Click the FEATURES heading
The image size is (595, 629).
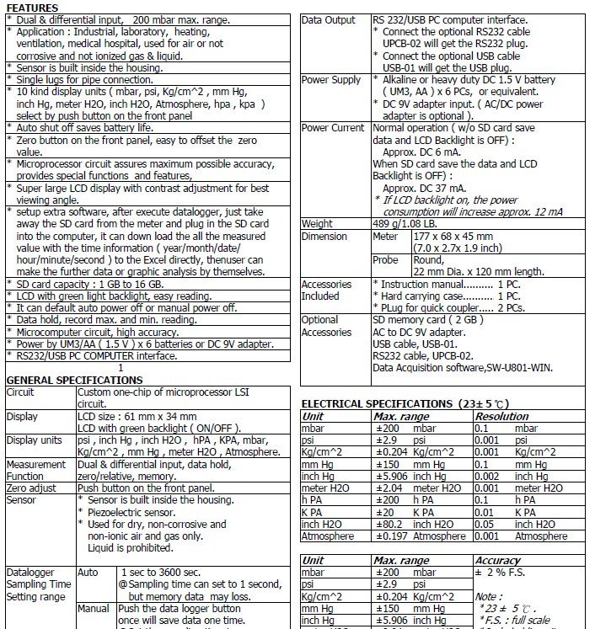pyautogui.click(x=31, y=8)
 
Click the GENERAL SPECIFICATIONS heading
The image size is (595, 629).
pyautogui.click(x=62, y=380)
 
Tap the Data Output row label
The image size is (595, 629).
pyautogui.click(x=329, y=20)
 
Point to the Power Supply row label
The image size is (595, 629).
pyautogui.click(x=331, y=80)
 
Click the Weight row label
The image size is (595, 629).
pyautogui.click(x=317, y=224)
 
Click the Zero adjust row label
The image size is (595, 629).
pyautogui.click(x=31, y=488)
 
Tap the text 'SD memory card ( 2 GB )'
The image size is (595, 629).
pyautogui.click(x=428, y=320)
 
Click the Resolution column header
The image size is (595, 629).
pyautogui.click(x=502, y=416)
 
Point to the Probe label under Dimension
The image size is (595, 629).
pyautogui.click(x=386, y=260)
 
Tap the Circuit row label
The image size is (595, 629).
pyautogui.click(x=21, y=392)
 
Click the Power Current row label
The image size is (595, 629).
pyautogui.click(x=333, y=128)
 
